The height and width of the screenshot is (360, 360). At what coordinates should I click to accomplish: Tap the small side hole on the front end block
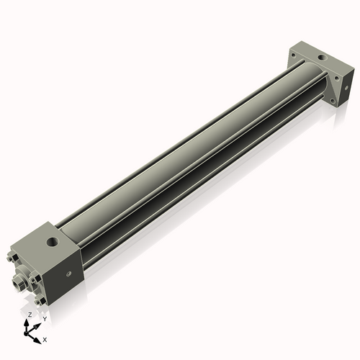pos(69,274)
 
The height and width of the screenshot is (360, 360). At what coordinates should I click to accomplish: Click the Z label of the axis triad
pos(29,315)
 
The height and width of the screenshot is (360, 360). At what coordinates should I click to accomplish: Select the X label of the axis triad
pos(45,338)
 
